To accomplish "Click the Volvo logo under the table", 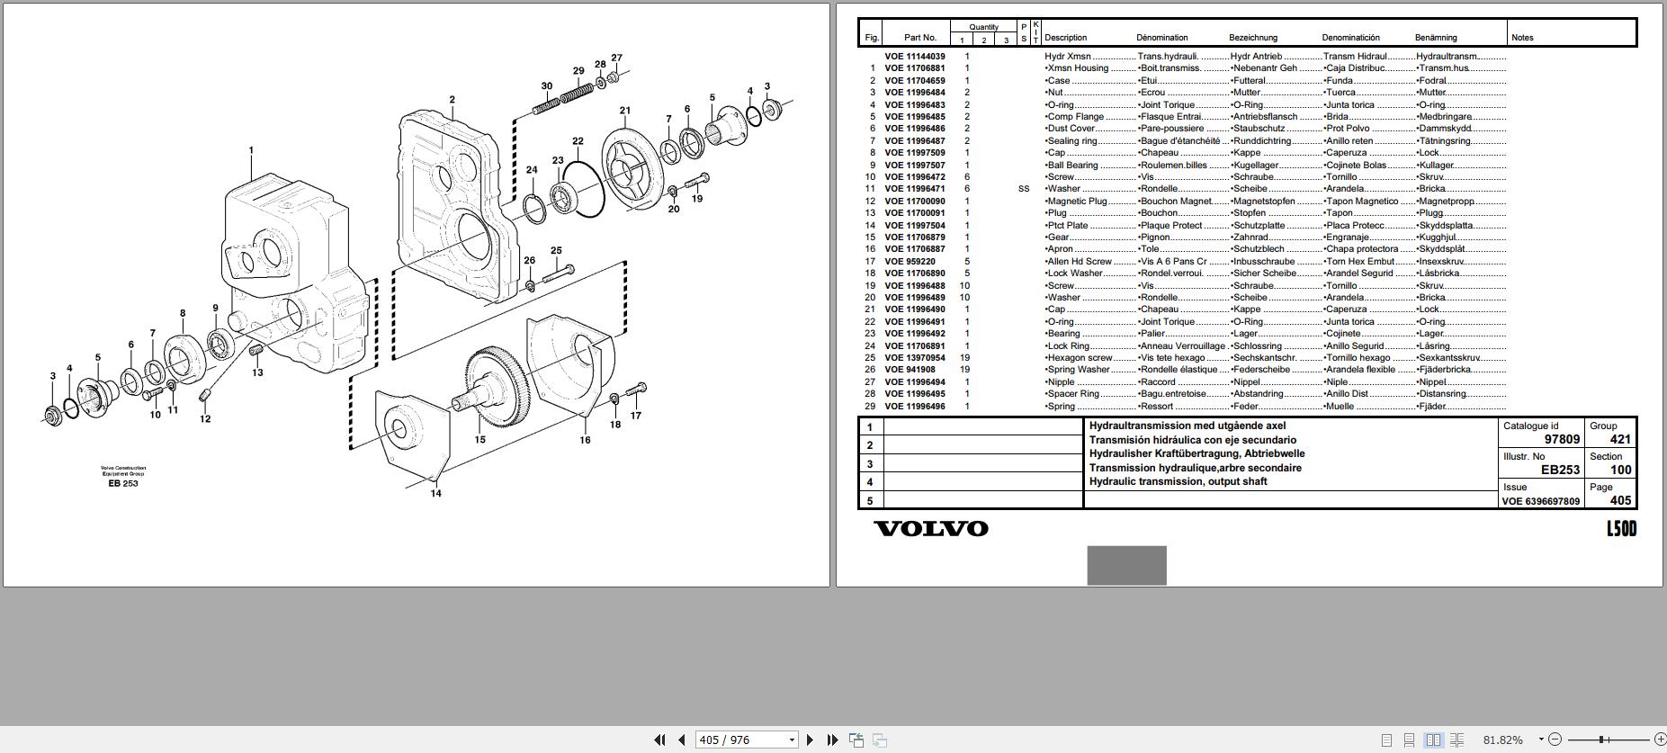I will click(x=930, y=528).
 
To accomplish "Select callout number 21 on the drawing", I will click(x=624, y=112).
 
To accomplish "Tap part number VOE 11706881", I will click(x=914, y=68).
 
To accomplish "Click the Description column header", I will click(x=1065, y=38).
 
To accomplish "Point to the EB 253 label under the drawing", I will click(x=123, y=483).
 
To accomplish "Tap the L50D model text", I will click(x=1621, y=529).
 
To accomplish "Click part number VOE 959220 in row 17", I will click(x=910, y=262).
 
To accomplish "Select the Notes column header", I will click(x=1522, y=38).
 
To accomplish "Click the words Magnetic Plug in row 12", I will click(x=1077, y=202).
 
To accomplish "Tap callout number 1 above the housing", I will click(x=251, y=151).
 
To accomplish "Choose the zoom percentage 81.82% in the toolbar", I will click(x=1502, y=740).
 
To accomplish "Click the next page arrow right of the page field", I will click(x=810, y=740).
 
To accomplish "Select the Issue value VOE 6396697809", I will click(x=1540, y=501).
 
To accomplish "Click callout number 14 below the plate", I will click(x=435, y=493).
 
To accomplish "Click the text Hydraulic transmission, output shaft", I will click(x=1178, y=481).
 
